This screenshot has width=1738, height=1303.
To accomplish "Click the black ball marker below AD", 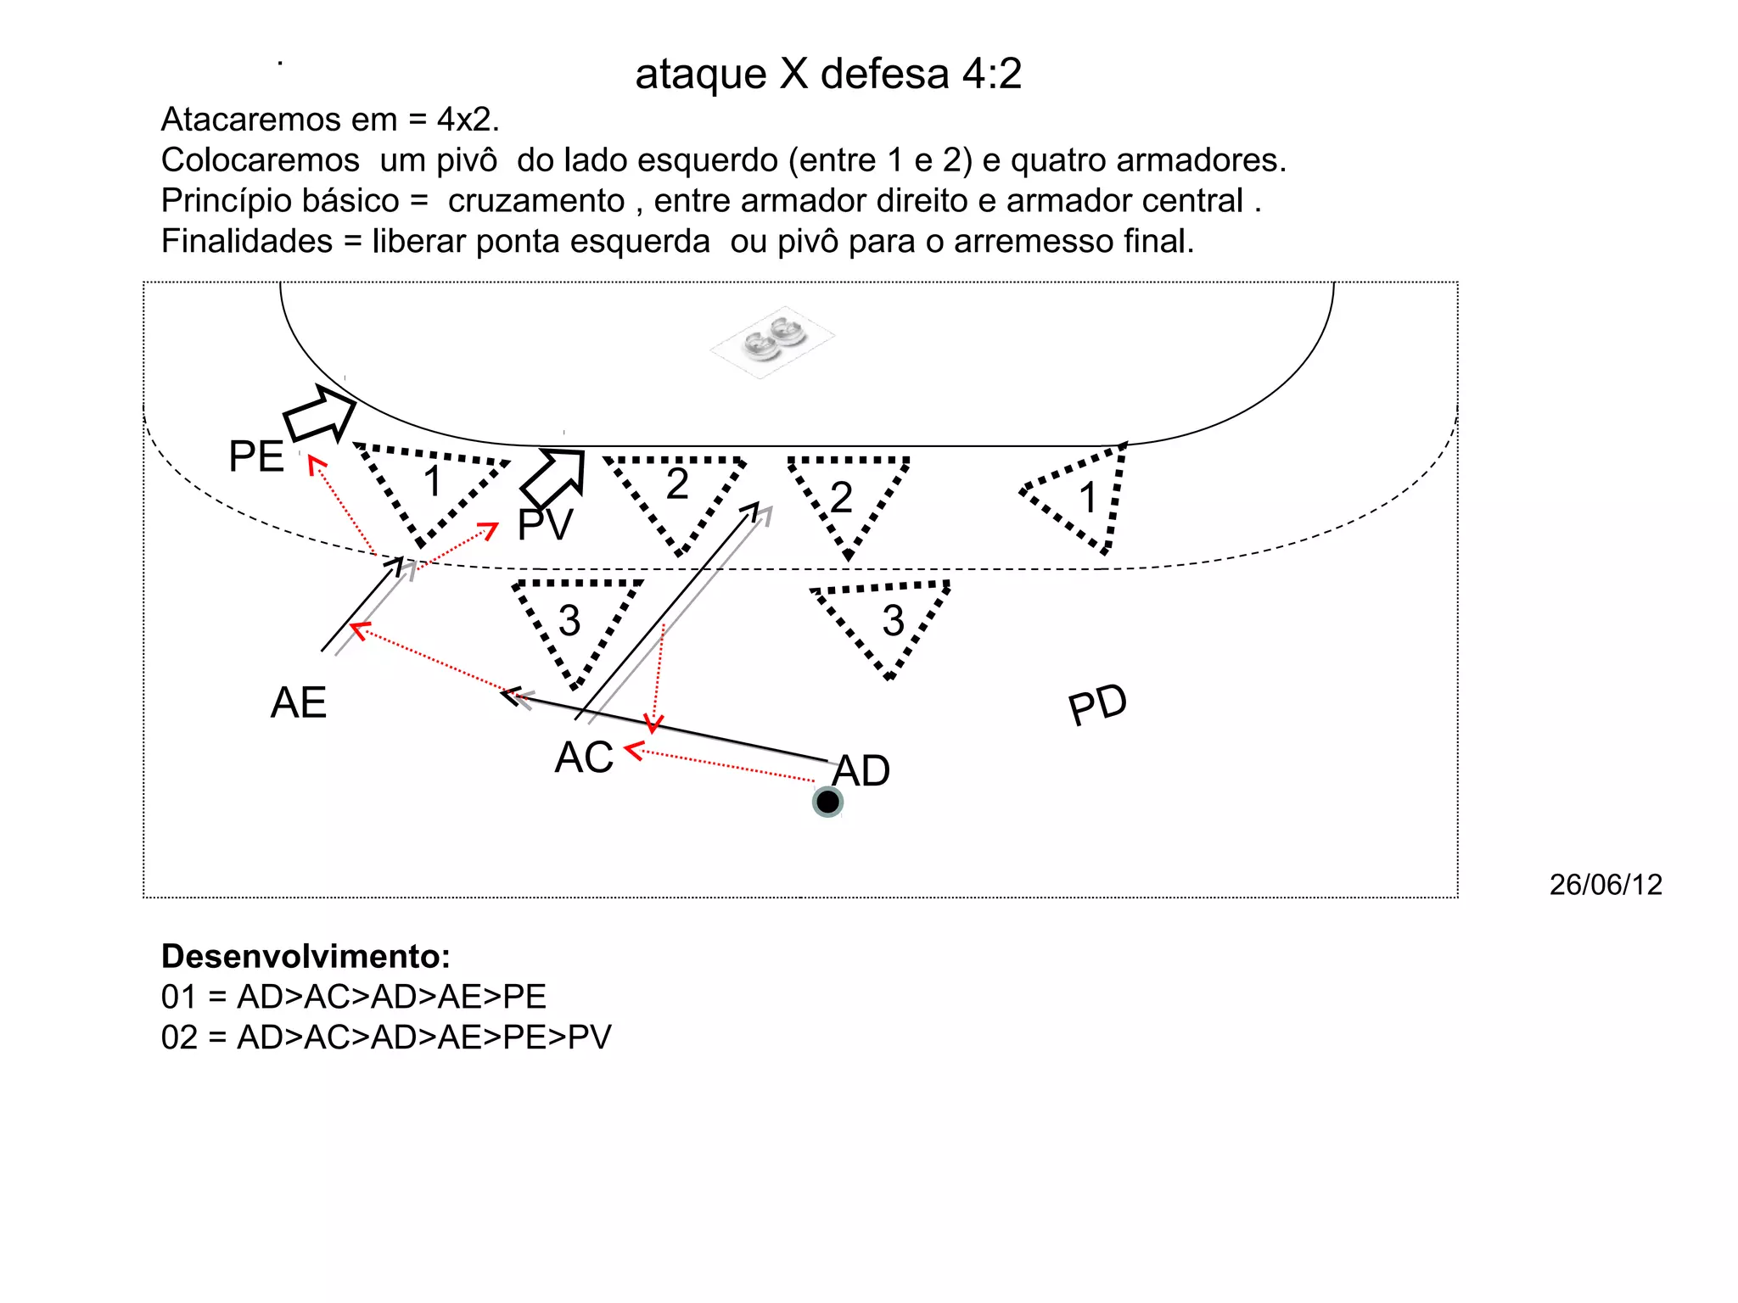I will (827, 802).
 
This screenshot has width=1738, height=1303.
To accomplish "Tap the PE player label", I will (256, 456).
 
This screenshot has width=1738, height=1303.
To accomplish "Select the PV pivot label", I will (546, 525).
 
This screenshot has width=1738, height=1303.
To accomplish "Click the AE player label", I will (299, 702).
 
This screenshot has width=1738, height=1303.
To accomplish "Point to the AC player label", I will (584, 757).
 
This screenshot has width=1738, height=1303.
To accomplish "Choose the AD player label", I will (861, 770).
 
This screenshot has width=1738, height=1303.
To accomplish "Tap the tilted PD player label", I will (1097, 704).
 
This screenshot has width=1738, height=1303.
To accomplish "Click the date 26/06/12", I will (1606, 885).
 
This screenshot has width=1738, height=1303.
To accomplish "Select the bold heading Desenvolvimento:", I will (306, 956).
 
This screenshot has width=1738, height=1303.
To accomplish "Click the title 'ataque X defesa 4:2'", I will (828, 74).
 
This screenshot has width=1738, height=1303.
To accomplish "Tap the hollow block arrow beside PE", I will (319, 413).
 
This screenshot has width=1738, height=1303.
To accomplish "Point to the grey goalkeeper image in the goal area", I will (772, 339).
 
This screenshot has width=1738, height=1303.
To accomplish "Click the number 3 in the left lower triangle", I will (569, 621).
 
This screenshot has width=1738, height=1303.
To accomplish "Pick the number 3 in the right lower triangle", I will (893, 621).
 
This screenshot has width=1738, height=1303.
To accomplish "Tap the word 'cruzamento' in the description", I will (536, 201).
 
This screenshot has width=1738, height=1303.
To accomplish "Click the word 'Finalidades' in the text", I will (247, 242).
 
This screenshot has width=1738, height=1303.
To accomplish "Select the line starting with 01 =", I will (354, 997).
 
